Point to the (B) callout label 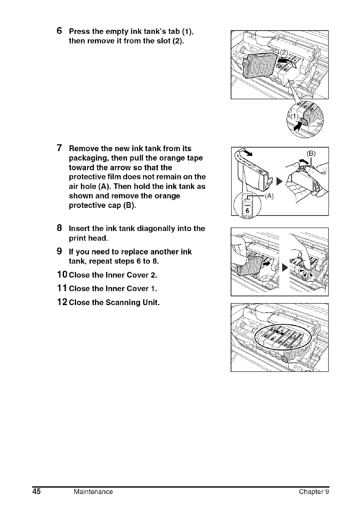click(310, 152)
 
